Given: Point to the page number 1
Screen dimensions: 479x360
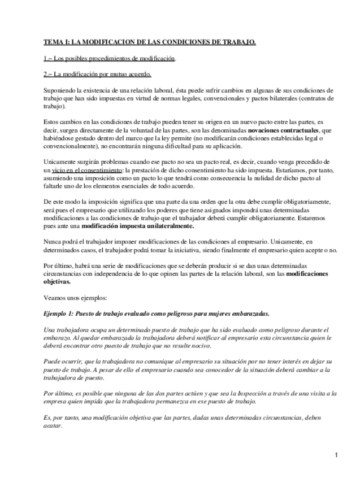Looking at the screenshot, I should pos(336,455).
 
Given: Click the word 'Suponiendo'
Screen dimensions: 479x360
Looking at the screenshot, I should pos(60,90).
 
